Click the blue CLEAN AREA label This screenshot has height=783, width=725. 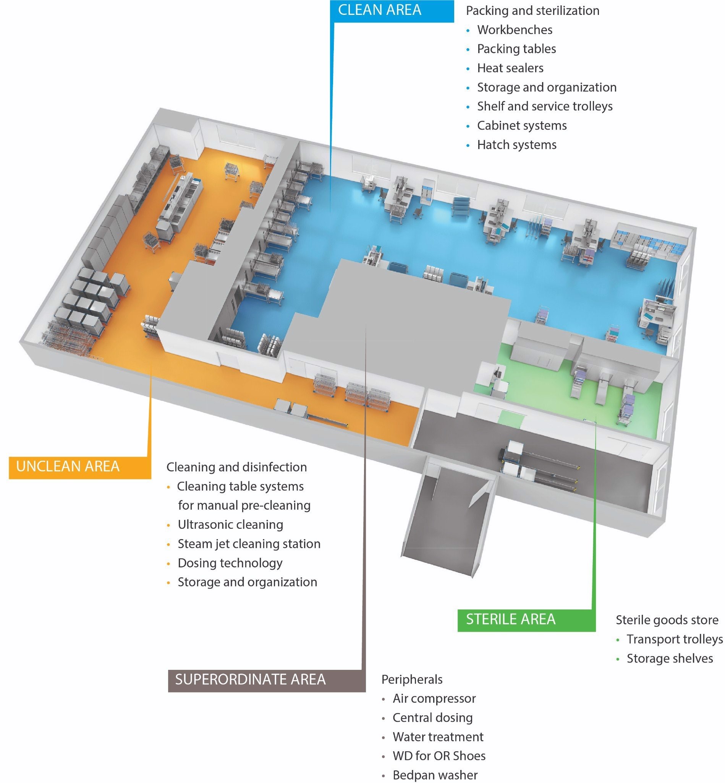pyautogui.click(x=379, y=10)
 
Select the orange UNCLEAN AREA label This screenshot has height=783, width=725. pyautogui.click(x=68, y=466)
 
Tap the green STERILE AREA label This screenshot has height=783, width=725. pyautogui.click(x=510, y=619)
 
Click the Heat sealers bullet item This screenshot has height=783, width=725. pyautogui.click(x=510, y=68)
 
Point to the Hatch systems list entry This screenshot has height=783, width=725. pyautogui.click(x=516, y=145)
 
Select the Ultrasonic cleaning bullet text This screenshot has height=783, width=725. pyautogui.click(x=230, y=525)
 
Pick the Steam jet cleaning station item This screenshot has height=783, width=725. pyautogui.click(x=249, y=544)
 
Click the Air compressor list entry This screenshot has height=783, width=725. pyautogui.click(x=434, y=699)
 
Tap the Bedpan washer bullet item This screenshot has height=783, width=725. pyautogui.click(x=435, y=775)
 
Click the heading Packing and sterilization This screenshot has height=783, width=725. pyautogui.click(x=532, y=11)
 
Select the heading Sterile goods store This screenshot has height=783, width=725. pyautogui.click(x=667, y=620)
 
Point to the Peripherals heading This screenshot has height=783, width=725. pyautogui.click(x=411, y=679)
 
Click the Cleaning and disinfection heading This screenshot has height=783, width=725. pyautogui.click(x=236, y=467)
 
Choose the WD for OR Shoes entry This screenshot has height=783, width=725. pyautogui.click(x=439, y=756)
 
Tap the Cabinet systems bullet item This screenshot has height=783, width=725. pyautogui.click(x=521, y=126)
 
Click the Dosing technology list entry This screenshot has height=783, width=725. pyautogui.click(x=230, y=563)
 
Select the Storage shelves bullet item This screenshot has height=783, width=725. pyautogui.click(x=669, y=658)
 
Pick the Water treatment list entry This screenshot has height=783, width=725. pyautogui.click(x=438, y=737)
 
